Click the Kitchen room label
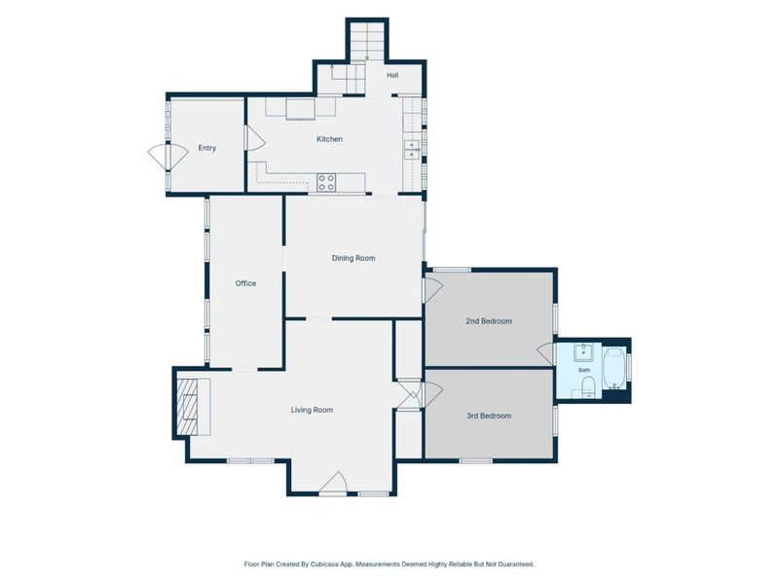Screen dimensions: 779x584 tap(329, 139)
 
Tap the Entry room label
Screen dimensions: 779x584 tap(207, 148)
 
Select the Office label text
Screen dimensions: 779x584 tap(245, 283)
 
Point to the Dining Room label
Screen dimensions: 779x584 tap(353, 258)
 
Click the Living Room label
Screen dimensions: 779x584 tap(312, 410)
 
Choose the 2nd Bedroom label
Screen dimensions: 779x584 tap(489, 321)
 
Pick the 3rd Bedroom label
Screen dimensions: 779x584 tap(489, 416)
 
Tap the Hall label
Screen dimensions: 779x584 tap(392, 76)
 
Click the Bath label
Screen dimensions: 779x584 tap(584, 370)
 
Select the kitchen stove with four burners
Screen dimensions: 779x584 tap(326, 183)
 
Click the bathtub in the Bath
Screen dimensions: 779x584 tap(614, 369)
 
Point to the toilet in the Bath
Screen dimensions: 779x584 tap(588, 385)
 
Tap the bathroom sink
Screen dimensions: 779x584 tap(582, 352)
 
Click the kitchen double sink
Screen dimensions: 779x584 tap(412, 150)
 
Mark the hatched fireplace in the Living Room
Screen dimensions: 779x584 tap(188, 406)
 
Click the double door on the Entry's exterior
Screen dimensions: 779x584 tap(167, 157)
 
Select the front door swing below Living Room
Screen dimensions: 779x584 tap(333, 483)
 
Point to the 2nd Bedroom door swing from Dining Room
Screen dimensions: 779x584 tap(432, 290)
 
